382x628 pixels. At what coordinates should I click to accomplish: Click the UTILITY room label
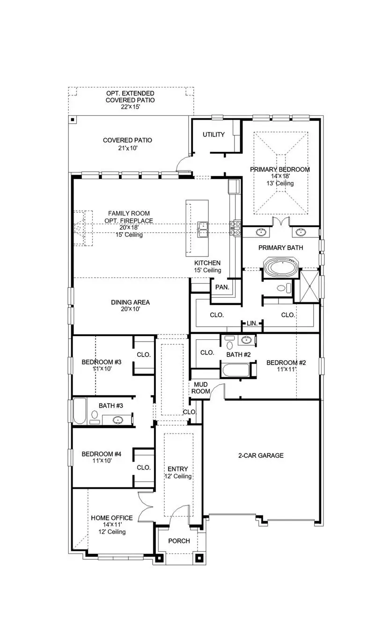213,135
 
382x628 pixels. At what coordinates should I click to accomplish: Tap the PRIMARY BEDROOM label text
279,170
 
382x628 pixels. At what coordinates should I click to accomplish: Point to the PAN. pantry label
222,287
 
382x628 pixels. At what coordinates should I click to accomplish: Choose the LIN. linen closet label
252,323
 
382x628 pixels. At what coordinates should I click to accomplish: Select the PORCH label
179,541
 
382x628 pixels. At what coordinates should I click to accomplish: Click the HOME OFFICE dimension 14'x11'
111,525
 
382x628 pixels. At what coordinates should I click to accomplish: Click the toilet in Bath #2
229,345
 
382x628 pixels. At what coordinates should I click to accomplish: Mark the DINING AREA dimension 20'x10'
130,309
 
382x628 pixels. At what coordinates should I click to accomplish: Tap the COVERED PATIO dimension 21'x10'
127,147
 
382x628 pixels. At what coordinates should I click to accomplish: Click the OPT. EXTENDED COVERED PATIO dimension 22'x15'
130,107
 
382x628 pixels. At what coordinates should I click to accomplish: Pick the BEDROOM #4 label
102,454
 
